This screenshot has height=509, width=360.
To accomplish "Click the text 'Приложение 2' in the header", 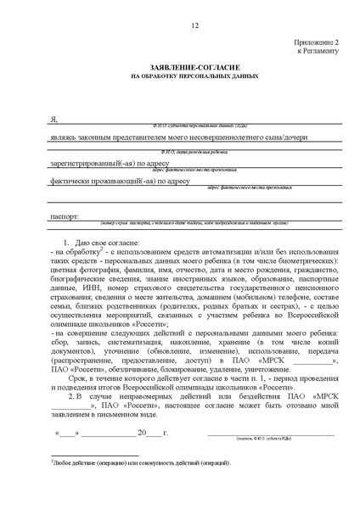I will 317,42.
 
